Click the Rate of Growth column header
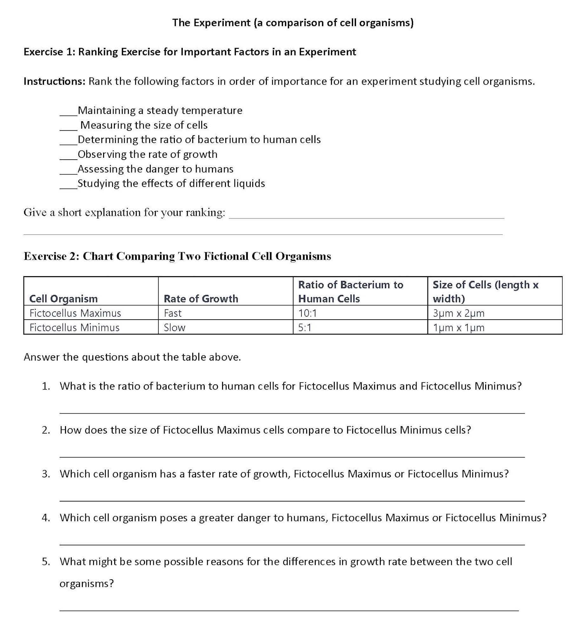[x=201, y=299]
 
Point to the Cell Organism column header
[x=63, y=299]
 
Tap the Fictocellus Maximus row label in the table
[x=75, y=313]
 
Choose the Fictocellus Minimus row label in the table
[x=74, y=328]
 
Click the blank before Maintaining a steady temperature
[x=68, y=113]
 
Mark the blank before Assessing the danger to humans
[x=68, y=172]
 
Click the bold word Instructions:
[x=54, y=81]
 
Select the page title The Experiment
[x=293, y=23]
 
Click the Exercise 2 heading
[x=177, y=256]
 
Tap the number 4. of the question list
[x=46, y=518]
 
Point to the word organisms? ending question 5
[x=86, y=584]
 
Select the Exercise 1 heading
[x=190, y=52]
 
